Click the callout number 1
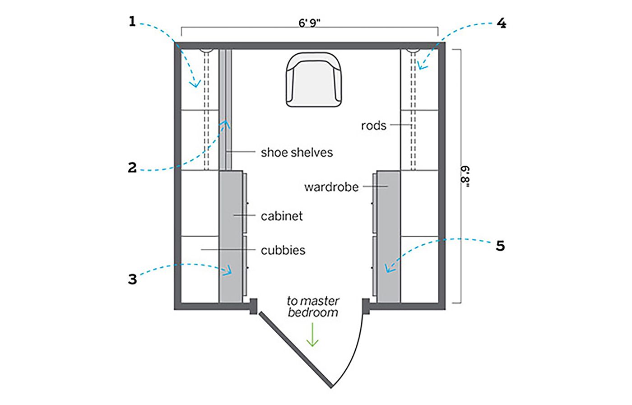(x=132, y=22)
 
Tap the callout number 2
(x=132, y=168)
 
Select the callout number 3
(x=132, y=279)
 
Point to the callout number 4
(x=502, y=23)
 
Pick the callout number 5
(x=500, y=246)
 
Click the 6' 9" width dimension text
(x=310, y=23)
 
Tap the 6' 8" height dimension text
(x=465, y=177)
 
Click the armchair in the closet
(x=314, y=79)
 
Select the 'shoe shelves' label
(x=297, y=153)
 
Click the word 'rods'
(x=374, y=126)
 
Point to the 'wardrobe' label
(x=331, y=187)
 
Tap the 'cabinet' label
(x=282, y=216)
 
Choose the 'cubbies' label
(x=283, y=250)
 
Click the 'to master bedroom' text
(x=313, y=307)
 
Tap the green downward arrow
(x=312, y=335)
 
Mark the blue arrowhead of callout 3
(x=228, y=270)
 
